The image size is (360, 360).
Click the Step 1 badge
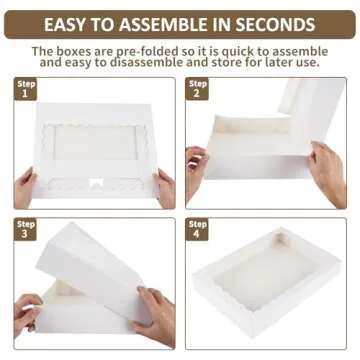[x=26, y=89]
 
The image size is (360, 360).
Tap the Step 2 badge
[x=197, y=89]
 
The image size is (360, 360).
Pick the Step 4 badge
[x=197, y=229]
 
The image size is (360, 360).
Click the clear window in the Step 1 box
[x=93, y=142]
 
